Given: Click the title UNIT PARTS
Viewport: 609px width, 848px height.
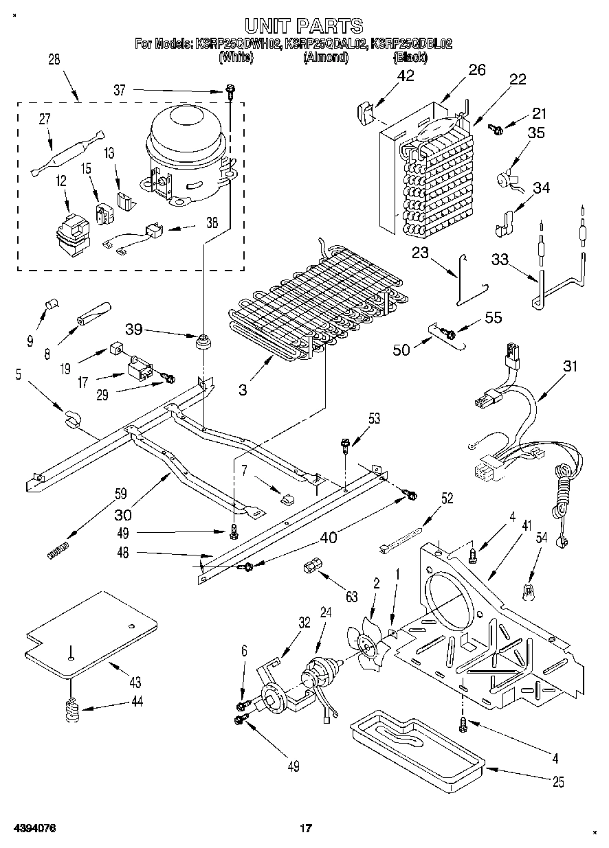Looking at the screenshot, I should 304,26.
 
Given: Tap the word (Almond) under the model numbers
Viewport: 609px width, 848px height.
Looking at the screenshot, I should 326,58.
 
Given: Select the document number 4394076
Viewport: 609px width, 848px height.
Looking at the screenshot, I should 32,829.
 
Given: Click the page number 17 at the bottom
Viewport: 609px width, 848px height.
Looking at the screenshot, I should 305,829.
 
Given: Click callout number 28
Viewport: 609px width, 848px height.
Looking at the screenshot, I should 53,60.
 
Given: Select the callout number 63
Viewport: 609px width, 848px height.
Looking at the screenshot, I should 352,597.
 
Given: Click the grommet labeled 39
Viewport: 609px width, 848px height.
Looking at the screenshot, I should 203,341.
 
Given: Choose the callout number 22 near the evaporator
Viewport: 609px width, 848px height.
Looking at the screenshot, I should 517,79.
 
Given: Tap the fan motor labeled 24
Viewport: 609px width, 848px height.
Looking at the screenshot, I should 320,671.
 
